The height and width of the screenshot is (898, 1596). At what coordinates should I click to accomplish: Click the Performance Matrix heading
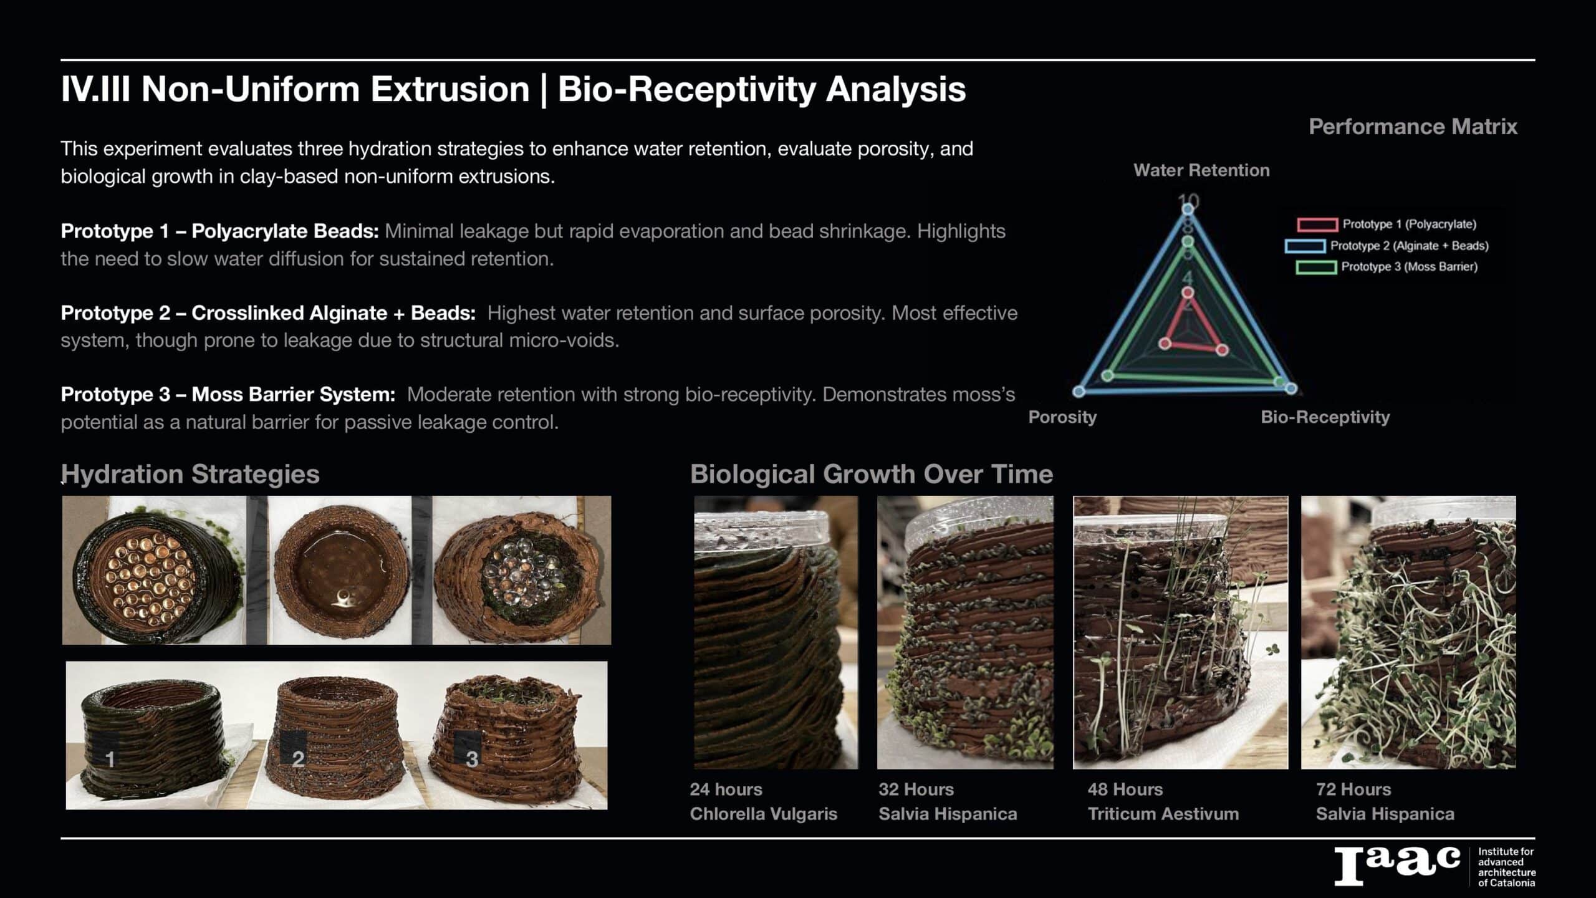pyautogui.click(x=1413, y=127)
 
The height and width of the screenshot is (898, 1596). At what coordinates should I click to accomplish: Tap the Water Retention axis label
pyautogui.click(x=1201, y=170)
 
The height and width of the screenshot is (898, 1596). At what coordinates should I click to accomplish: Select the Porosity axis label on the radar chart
pyautogui.click(x=1062, y=417)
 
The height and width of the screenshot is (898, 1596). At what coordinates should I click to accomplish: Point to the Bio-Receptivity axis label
pyautogui.click(x=1325, y=417)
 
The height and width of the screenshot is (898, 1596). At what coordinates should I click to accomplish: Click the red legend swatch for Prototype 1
pyautogui.click(x=1317, y=224)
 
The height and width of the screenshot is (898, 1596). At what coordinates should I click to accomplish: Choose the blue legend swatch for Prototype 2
pyautogui.click(x=1305, y=246)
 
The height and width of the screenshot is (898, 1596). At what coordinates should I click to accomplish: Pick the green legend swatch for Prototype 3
pyautogui.click(x=1316, y=268)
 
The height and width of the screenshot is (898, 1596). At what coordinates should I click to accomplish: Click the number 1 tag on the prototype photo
pyautogui.click(x=110, y=759)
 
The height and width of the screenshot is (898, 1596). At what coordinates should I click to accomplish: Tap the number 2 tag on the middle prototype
pyautogui.click(x=298, y=758)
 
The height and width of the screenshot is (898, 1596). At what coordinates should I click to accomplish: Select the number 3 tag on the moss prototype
pyautogui.click(x=472, y=758)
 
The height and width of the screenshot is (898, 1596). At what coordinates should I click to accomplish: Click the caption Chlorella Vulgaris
pyautogui.click(x=763, y=814)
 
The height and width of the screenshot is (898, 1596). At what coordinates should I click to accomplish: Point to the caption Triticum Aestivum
pyautogui.click(x=1163, y=814)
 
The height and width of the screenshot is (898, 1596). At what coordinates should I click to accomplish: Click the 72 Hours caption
pyautogui.click(x=1353, y=789)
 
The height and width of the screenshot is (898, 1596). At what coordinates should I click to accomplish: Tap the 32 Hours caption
pyautogui.click(x=916, y=789)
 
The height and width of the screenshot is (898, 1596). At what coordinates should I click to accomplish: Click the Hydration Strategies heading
pyautogui.click(x=190, y=474)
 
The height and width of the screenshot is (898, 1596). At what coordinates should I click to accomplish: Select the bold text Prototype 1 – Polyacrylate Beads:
pyautogui.click(x=219, y=231)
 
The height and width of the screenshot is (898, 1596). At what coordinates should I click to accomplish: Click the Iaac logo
pyautogui.click(x=1397, y=866)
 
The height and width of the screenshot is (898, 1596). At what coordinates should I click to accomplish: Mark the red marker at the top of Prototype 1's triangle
pyautogui.click(x=1188, y=292)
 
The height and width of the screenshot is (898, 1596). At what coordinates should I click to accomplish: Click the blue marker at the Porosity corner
pyautogui.click(x=1079, y=391)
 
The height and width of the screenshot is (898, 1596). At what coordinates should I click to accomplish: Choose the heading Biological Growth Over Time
pyautogui.click(x=872, y=474)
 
